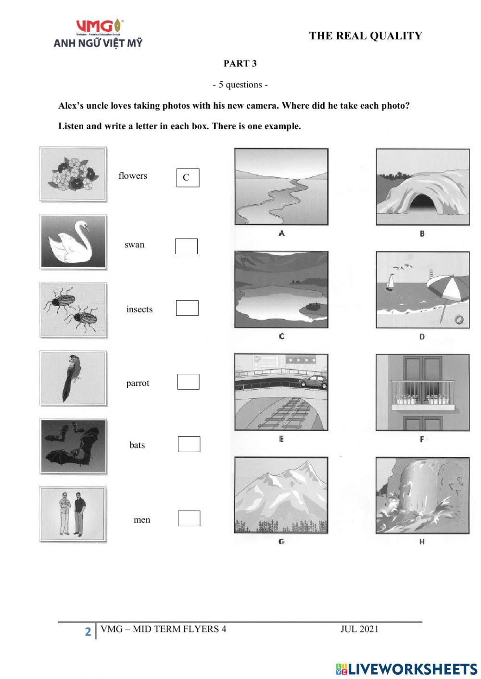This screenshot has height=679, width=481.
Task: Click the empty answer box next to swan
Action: (186, 247)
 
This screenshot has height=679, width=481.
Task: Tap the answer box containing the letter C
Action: (188, 178)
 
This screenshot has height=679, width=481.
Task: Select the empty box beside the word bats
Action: (189, 444)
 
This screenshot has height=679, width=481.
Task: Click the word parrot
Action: (138, 383)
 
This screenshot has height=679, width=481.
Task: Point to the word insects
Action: (139, 309)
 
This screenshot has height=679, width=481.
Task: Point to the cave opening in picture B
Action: (422, 201)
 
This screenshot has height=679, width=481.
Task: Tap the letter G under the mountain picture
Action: (281, 542)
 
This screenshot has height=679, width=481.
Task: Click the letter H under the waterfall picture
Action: (422, 542)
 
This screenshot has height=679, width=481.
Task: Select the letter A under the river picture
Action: (281, 234)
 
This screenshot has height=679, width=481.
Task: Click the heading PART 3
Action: (240, 63)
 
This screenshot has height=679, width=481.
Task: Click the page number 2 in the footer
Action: (88, 631)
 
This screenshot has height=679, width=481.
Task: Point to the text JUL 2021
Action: (359, 629)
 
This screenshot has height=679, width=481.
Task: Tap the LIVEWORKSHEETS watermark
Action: (406, 669)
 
